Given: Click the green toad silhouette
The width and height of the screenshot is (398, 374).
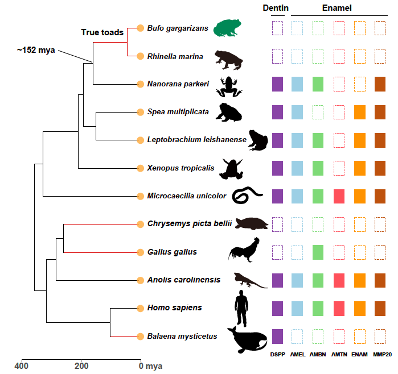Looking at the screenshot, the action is coord(227,28).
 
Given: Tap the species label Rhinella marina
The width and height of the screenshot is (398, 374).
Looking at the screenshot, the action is coord(175,56).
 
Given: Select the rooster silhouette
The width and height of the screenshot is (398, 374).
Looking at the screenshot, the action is coord(244,250).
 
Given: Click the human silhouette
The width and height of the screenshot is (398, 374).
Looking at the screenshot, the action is coord(241,308).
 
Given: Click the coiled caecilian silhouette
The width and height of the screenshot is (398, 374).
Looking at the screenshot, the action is coord(247,195).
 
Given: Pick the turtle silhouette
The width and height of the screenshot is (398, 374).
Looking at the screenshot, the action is coord(252,224).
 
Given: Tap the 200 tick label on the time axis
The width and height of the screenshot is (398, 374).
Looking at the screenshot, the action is coord(81,366).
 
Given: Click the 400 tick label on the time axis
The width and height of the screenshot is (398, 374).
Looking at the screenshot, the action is coord(22,366).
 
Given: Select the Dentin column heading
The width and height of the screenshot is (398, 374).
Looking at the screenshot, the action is coord(276,8).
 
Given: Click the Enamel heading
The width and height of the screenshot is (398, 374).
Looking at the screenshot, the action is coord(337,8).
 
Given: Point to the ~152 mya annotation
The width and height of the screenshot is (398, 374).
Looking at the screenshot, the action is coord(36,50).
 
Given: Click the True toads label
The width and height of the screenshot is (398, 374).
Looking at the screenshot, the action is coord(102,32).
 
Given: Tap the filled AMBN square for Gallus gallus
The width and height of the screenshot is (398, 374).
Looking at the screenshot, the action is coord(318,252).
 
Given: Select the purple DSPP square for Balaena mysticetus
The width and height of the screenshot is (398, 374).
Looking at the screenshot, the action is coord(277,336).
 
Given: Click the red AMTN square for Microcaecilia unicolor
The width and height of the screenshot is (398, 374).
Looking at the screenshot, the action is coord(339,196).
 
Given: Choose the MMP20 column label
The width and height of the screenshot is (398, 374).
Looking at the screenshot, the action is coord(382,355).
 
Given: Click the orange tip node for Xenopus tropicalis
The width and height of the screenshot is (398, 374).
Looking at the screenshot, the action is coord(141,168).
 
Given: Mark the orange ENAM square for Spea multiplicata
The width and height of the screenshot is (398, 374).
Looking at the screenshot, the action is coord(360,112).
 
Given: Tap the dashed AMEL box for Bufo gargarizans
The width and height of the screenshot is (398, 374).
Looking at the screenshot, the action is coord(297,28).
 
